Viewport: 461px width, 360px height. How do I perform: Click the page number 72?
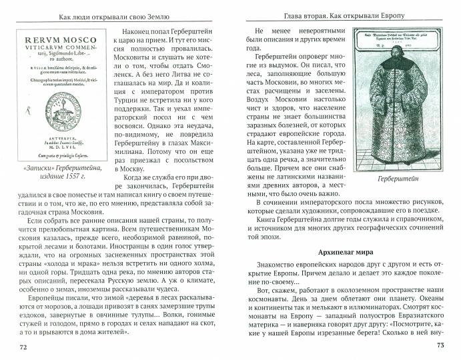[23, 347]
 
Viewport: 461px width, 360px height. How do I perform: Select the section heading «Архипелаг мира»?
[345, 253]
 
